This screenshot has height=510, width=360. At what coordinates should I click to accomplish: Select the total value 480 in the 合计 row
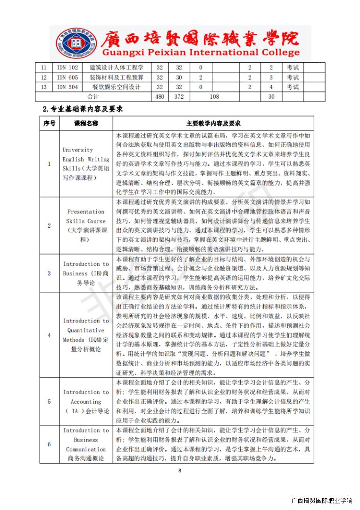(x=160, y=97)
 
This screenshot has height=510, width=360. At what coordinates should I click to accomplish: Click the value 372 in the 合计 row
(x=179, y=97)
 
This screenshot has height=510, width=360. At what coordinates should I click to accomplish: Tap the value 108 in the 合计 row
(x=214, y=97)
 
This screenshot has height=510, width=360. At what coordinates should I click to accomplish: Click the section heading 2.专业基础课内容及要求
(x=83, y=109)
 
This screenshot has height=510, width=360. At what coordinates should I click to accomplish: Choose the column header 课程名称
(x=86, y=123)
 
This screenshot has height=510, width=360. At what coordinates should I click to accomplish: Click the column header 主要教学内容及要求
(x=213, y=123)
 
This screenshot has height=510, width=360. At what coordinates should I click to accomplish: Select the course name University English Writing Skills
(x=86, y=164)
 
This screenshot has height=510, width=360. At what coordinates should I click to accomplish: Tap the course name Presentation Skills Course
(x=86, y=226)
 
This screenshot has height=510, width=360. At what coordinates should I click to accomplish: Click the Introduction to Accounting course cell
(x=86, y=401)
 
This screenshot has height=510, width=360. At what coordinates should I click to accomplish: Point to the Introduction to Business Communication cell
(x=86, y=444)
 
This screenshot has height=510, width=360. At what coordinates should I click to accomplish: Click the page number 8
(x=180, y=470)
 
